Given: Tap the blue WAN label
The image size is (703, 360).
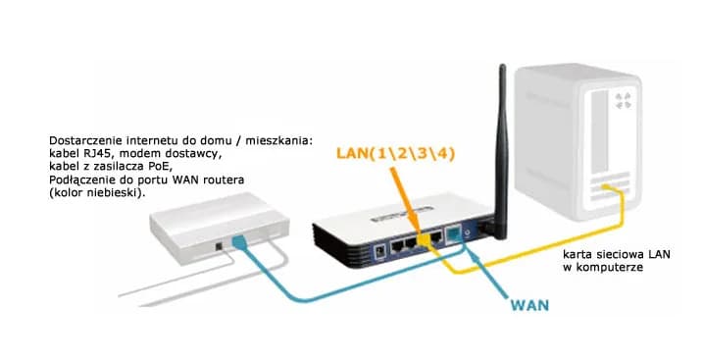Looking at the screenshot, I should click(529, 305).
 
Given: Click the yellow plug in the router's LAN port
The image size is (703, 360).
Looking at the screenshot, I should click(428, 238).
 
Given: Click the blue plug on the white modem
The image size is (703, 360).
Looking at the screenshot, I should click(239, 242).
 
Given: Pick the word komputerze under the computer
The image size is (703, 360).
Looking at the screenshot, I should click(612, 266).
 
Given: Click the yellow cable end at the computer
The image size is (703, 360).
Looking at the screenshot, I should click(618, 193).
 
